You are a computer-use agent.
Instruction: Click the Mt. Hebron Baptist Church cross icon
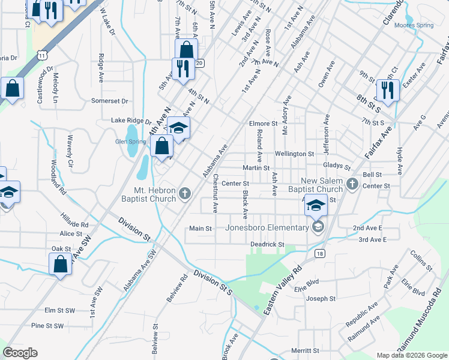pos(185,193)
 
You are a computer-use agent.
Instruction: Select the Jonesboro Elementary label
pos(267,227)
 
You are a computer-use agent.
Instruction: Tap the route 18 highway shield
pos(321,254)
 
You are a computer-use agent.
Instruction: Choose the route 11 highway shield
pos(41,55)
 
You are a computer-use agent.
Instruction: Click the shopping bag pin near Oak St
pos(60,264)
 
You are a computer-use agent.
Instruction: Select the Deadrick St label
pos(267,244)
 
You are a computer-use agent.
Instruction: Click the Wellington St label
pos(294,154)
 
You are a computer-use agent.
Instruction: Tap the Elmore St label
pos(262,124)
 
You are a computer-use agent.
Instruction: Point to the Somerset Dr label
pos(110,101)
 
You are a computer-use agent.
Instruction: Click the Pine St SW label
pos(47,326)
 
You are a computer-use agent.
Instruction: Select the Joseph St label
pos(321,299)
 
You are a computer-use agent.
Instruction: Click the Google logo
pos(20,352)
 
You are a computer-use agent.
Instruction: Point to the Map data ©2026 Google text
pos(412,355)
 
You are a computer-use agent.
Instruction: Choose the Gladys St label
pos(336,166)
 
